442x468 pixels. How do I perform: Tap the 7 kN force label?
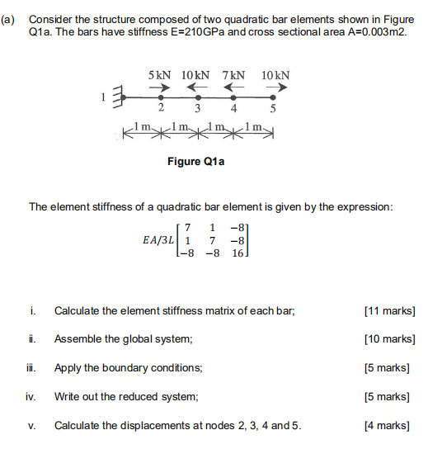click(233, 75)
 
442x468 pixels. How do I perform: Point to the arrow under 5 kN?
click(163, 87)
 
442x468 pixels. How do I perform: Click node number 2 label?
click(161, 108)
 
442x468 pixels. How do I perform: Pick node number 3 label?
click(198, 108)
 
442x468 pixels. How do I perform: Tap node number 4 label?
click(234, 108)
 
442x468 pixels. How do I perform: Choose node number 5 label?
click(272, 108)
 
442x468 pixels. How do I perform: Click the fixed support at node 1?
click(117, 97)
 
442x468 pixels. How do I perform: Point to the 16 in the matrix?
click(238, 255)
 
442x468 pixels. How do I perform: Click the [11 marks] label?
click(389, 310)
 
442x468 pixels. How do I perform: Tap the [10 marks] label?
click(389, 338)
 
